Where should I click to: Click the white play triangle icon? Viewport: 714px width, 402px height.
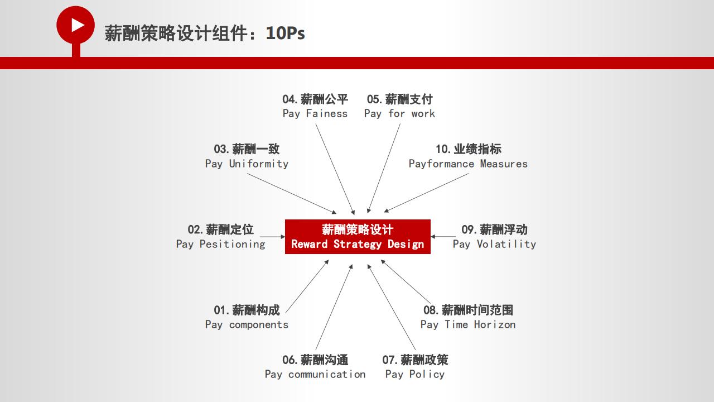tap(77, 25)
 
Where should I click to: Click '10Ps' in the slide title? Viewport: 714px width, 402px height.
tap(285, 33)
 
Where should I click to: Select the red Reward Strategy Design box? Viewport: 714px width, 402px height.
tap(358, 237)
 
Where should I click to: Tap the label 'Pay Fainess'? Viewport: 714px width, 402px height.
tap(315, 113)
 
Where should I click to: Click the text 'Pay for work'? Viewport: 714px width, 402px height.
tap(399, 113)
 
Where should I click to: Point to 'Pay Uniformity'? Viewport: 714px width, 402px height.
tap(247, 164)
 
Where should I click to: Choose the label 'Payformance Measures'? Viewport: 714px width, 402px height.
tap(468, 164)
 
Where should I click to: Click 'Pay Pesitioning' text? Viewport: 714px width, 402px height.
tap(220, 244)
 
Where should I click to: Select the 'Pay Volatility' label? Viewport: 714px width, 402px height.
tap(494, 244)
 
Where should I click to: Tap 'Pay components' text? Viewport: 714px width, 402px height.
tap(247, 325)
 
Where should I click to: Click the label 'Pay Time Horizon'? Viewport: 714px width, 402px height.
tap(468, 325)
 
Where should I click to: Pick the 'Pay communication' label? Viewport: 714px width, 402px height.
tap(315, 374)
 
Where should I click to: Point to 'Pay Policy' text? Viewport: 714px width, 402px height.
tap(414, 374)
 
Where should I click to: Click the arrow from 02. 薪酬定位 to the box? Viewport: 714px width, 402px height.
tap(273, 237)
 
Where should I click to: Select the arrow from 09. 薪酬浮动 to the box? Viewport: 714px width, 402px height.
tap(443, 236)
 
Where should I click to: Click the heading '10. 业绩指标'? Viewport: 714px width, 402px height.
tap(469, 149)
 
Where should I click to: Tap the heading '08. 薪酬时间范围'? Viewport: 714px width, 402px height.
tap(468, 310)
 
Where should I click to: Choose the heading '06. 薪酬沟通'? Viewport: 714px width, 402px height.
tap(315, 360)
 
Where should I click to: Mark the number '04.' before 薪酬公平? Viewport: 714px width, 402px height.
tap(290, 99)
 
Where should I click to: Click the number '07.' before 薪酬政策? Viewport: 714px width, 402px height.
tap(390, 360)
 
